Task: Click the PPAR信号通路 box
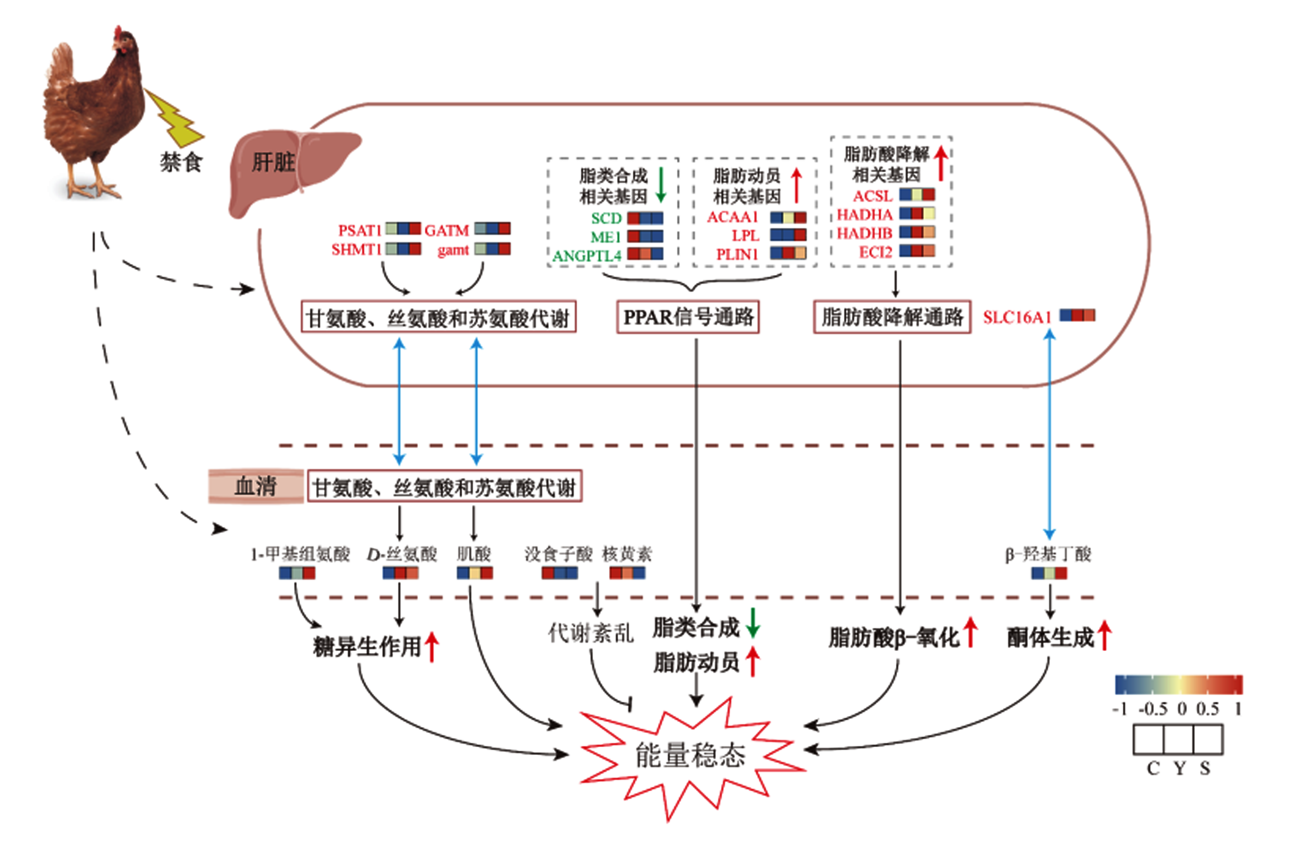click(x=688, y=317)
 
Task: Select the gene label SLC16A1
click(x=1017, y=317)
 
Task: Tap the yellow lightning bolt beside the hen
click(x=173, y=118)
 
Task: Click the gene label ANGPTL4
click(x=587, y=255)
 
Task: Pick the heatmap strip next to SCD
click(x=645, y=218)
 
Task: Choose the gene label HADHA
click(x=864, y=214)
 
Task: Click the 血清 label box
click(x=256, y=486)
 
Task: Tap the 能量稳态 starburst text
click(x=690, y=755)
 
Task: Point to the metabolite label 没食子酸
click(x=558, y=554)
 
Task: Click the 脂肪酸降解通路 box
click(x=892, y=317)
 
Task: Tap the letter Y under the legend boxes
click(x=1180, y=768)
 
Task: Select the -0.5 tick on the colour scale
click(x=1153, y=709)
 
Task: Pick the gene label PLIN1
click(x=737, y=255)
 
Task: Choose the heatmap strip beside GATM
click(x=492, y=228)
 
